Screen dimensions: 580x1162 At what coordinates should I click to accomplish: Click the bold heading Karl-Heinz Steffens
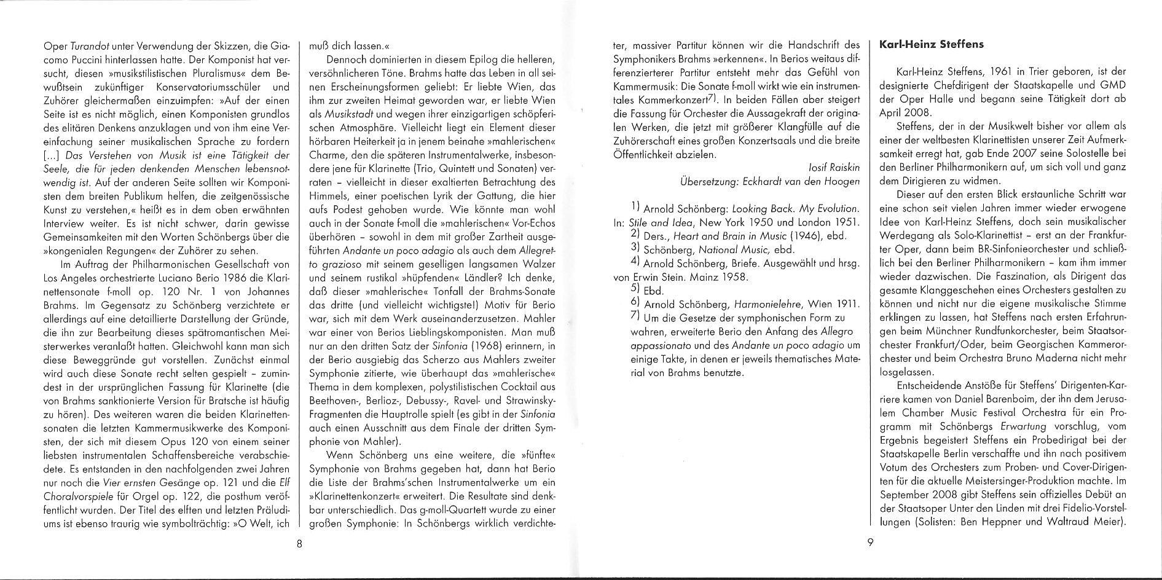[x=932, y=45]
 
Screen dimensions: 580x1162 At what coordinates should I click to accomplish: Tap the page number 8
[x=298, y=543]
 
